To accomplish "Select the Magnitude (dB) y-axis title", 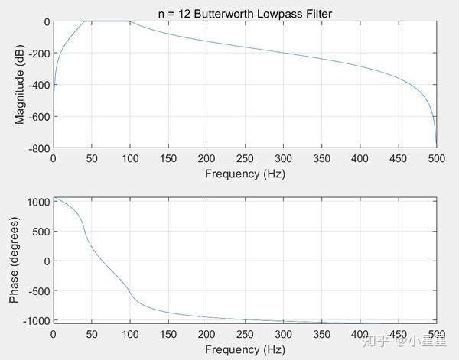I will click(20, 84).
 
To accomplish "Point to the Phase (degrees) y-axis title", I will click(14, 260).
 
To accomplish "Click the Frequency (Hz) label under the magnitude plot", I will click(244, 173).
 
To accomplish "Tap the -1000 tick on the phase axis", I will click(35, 319).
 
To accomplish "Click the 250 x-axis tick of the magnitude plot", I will click(244, 158).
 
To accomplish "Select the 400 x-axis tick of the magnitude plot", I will click(360, 158).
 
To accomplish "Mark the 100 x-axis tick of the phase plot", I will click(129, 335).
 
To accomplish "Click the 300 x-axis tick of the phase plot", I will click(283, 335).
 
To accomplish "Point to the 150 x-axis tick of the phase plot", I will click(168, 335).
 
